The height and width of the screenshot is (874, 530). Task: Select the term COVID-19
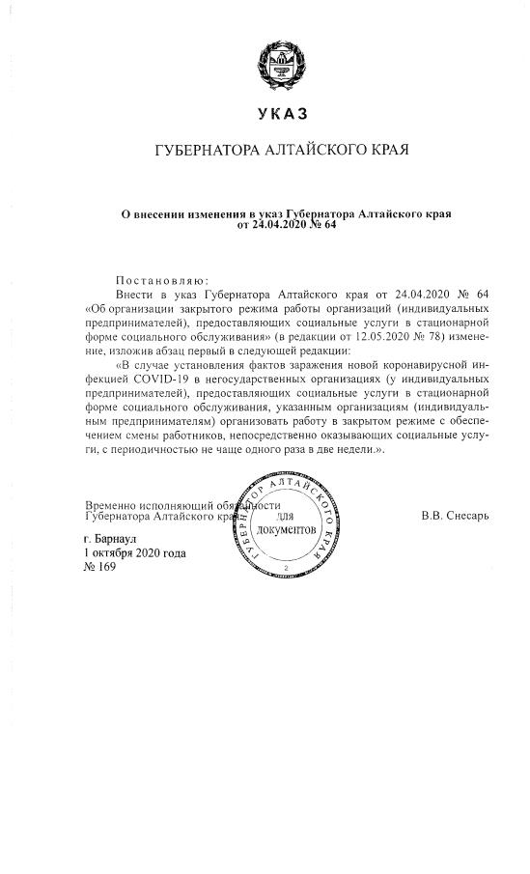click(153, 381)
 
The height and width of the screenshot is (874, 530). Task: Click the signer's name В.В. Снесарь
click(455, 515)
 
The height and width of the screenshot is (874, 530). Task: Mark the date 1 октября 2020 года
click(135, 552)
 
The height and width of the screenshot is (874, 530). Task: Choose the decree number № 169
click(100, 567)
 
